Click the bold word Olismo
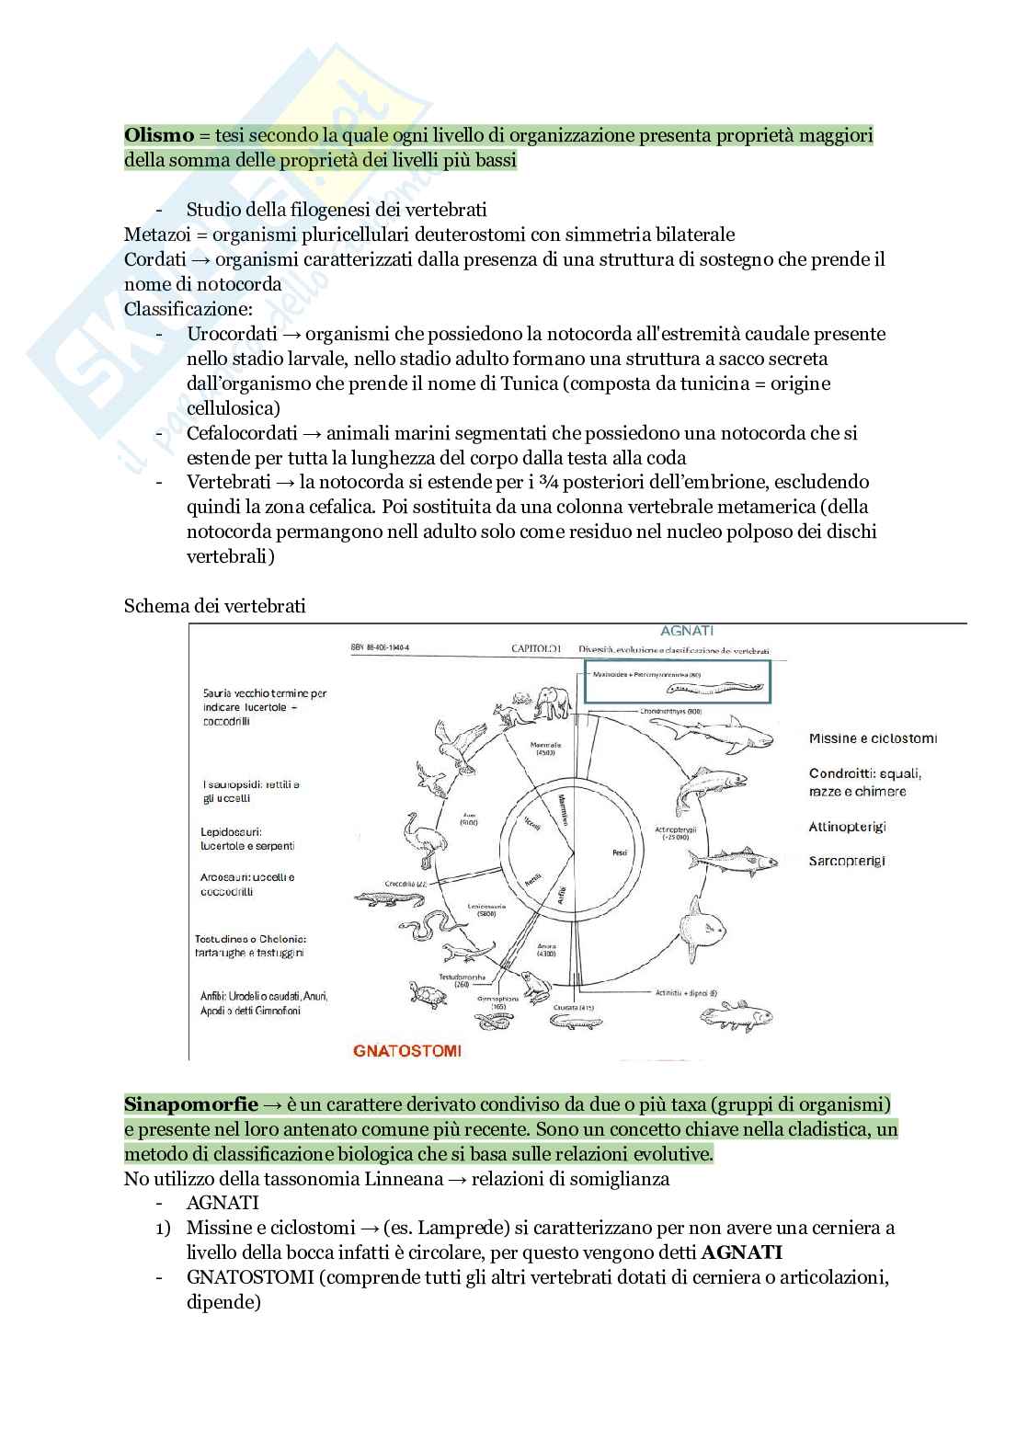(159, 135)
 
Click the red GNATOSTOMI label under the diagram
(407, 1049)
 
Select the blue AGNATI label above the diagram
(686, 631)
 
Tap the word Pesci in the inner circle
(620, 852)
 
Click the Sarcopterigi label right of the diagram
(847, 861)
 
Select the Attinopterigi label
(847, 827)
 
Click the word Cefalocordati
(242, 432)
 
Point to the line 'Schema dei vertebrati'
(214, 605)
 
